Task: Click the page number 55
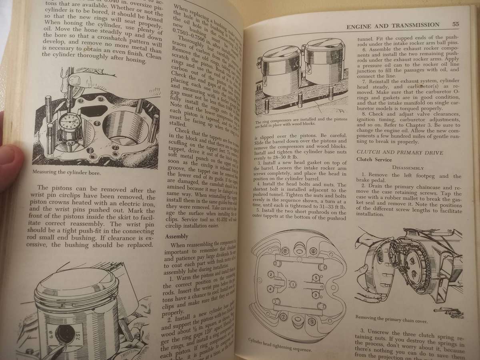pos(455,24)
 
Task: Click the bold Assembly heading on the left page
pos(177,236)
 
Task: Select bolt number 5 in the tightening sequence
pos(316,277)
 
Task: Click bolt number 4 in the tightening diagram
pos(270,288)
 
